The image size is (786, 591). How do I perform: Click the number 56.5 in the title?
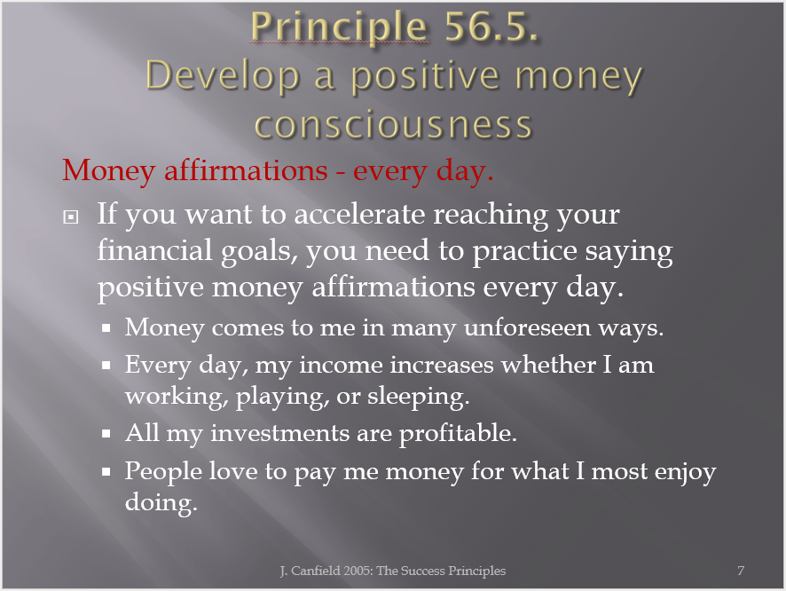pyautogui.click(x=491, y=26)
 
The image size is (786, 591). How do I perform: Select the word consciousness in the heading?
pyautogui.click(x=393, y=125)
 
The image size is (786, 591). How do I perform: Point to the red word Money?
pyautogui.click(x=109, y=171)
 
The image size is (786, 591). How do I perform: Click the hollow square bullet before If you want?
pyautogui.click(x=71, y=217)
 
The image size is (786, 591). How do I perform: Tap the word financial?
pyautogui.click(x=154, y=249)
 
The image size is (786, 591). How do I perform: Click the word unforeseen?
pyautogui.click(x=528, y=327)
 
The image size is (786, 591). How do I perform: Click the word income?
pyautogui.click(x=341, y=365)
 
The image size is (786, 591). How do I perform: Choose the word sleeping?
pyautogui.click(x=418, y=398)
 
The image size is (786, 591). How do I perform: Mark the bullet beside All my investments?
pyautogui.click(x=106, y=434)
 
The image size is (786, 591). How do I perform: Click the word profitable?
pyautogui.click(x=458, y=434)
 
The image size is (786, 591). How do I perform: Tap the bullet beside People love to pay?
pyautogui.click(x=106, y=471)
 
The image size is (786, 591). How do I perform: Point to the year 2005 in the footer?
pyautogui.click(x=357, y=571)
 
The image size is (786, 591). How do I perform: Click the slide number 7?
pyautogui.click(x=741, y=571)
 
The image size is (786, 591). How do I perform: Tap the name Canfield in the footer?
pyautogui.click(x=315, y=571)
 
